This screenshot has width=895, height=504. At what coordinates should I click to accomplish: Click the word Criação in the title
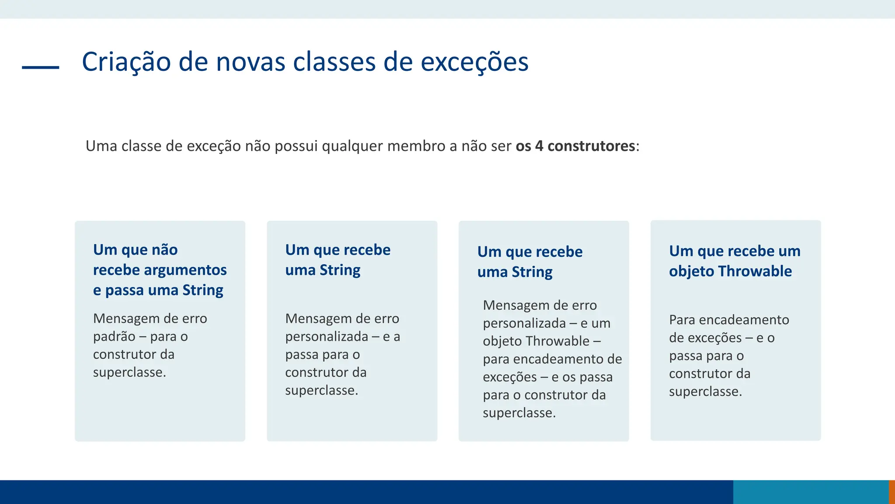[126, 62]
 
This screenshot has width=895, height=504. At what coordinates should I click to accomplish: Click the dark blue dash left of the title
[41, 67]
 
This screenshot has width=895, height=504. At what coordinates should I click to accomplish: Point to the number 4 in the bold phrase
[539, 146]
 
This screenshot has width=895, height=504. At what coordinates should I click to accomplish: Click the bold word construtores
[591, 146]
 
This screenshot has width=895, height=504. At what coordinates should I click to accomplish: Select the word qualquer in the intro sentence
[352, 146]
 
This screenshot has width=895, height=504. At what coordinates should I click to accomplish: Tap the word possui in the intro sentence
[296, 146]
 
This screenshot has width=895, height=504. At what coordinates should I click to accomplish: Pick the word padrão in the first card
[114, 336]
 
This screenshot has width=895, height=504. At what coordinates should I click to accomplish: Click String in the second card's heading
[340, 270]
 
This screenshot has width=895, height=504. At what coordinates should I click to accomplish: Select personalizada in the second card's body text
[326, 336]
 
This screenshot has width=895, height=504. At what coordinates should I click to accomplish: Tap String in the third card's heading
[532, 272]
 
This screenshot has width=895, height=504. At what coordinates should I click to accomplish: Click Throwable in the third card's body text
[558, 341]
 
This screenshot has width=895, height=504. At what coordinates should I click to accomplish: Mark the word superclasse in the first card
[129, 372]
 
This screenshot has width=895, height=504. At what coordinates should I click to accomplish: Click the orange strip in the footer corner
[892, 492]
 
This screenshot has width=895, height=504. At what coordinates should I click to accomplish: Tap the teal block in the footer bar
[811, 492]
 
